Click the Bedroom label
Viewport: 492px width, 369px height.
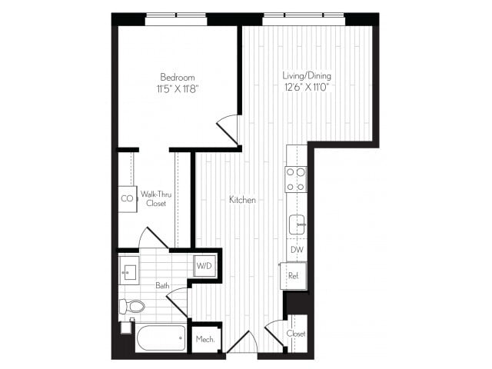177,78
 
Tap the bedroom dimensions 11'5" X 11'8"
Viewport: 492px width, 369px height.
177,89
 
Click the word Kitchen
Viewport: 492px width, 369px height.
242,200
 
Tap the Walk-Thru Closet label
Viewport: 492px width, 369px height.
156,198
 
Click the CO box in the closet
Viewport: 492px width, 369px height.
127,198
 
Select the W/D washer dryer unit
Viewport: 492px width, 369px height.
204,266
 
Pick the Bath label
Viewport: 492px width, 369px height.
162,285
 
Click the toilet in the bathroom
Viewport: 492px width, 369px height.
132,307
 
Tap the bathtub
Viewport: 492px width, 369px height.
161,337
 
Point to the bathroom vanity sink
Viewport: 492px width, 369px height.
129,271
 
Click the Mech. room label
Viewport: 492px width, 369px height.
204,339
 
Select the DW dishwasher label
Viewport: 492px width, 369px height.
296,251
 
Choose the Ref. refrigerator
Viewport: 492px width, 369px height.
293,274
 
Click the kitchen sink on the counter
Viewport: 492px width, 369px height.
297,224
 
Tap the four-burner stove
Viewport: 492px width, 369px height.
296,179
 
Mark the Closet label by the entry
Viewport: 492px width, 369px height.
296,334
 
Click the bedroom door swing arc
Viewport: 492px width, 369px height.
228,129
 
